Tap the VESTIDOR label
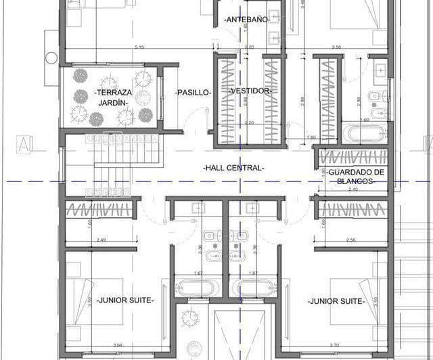[x=250, y=91]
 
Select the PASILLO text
[x=193, y=91]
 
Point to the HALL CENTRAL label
[x=233, y=167]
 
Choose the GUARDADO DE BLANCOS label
[x=357, y=177]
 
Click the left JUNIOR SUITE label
[x=125, y=300]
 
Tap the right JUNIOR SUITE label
[x=336, y=300]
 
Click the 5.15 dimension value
[x=139, y=47]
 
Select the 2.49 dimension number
[x=101, y=240]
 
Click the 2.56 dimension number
[x=350, y=240]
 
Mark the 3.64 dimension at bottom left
[x=118, y=345]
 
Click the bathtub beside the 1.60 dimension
[x=364, y=133]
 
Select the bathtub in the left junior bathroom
[x=198, y=288]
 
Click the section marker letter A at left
[x=24, y=144]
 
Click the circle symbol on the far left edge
[x=51, y=58]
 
